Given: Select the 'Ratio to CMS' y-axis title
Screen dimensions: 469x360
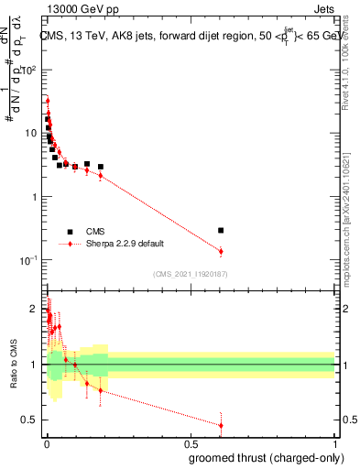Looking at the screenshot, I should coord(13,364).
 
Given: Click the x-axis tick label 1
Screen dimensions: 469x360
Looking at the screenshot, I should coord(333,442).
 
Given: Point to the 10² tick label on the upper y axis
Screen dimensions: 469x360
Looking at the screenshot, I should coord(30,70).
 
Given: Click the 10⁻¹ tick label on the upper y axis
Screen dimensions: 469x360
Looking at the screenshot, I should coord(30,260).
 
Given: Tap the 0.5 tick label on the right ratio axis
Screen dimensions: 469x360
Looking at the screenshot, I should coord(347,420).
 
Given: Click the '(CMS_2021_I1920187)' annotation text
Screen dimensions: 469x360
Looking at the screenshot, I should coord(189,273).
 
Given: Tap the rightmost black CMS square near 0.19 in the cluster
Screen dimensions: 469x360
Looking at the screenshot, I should coord(101,167).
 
